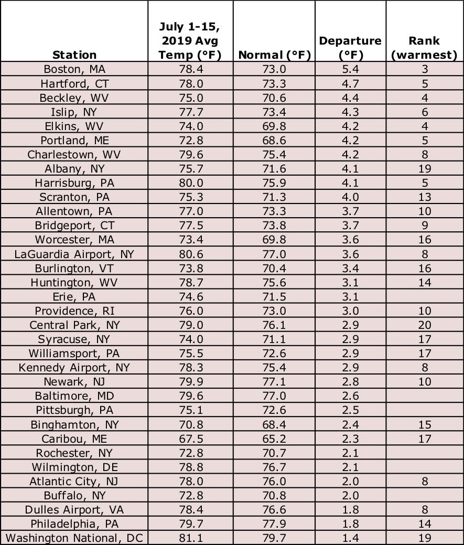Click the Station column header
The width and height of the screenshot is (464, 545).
tap(74, 55)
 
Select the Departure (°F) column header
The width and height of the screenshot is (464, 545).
tap(351, 48)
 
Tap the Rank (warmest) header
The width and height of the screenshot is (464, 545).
tap(425, 48)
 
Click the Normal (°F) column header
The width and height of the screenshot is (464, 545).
tap(274, 55)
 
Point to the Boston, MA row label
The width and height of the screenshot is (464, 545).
tap(74, 69)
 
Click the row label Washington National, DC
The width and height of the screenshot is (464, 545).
tap(74, 538)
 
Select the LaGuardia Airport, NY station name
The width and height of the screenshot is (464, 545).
tap(74, 254)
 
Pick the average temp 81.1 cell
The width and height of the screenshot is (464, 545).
tap(190, 538)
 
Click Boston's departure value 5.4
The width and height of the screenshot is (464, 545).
tap(351, 69)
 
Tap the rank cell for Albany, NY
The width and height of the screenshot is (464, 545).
tap(425, 169)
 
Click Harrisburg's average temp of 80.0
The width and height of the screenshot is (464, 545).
tap(190, 183)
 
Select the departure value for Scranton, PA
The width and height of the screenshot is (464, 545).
tap(351, 197)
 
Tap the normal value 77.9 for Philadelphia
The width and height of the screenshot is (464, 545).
tap(274, 523)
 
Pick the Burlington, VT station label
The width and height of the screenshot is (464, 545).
tap(74, 268)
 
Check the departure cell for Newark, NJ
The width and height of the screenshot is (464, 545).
tap(351, 381)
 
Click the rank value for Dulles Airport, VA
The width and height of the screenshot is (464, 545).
tap(425, 509)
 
